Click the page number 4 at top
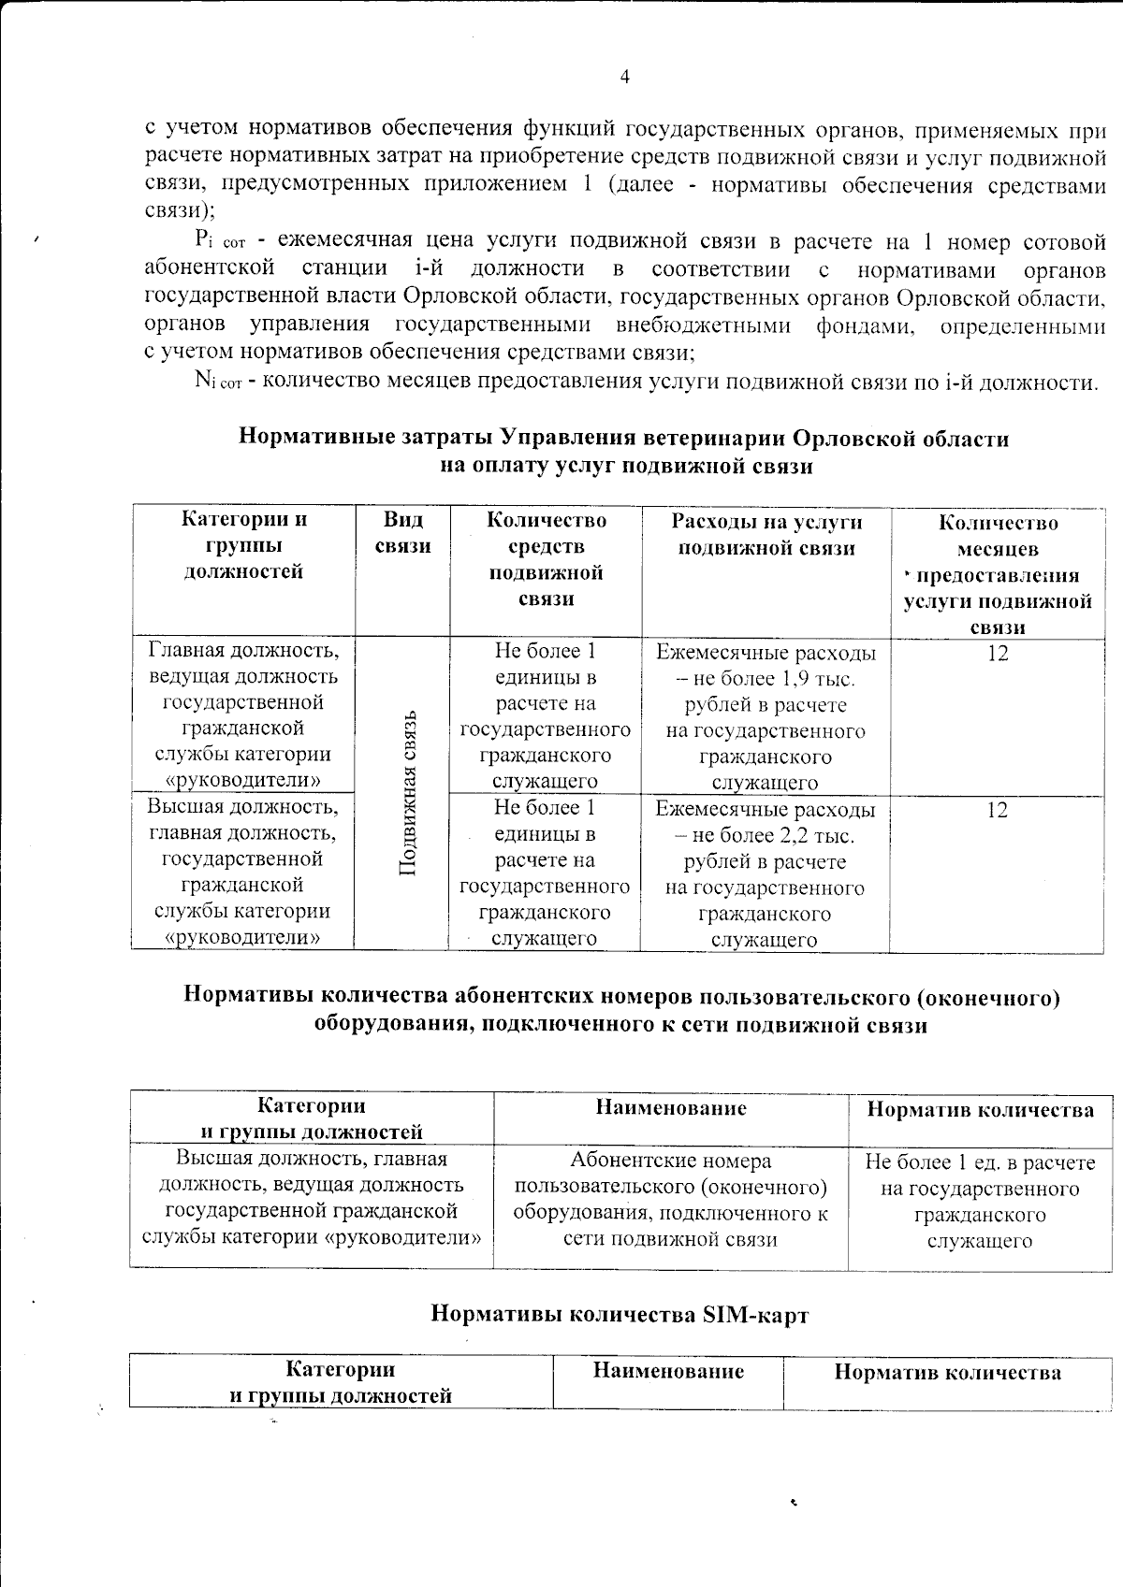click(x=624, y=77)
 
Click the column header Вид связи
click(x=402, y=533)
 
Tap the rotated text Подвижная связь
click(x=408, y=793)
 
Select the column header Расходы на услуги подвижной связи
click(x=766, y=535)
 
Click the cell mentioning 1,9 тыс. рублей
click(x=766, y=717)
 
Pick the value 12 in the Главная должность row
click(x=998, y=654)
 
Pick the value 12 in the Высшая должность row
click(x=998, y=810)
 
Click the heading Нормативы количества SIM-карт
click(x=620, y=1315)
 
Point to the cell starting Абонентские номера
click(x=670, y=1200)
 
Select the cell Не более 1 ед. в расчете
click(x=980, y=1202)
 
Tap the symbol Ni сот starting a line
click(x=218, y=381)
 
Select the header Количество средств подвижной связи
click(x=546, y=559)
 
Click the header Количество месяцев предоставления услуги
click(x=998, y=574)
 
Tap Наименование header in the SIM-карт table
click(x=668, y=1372)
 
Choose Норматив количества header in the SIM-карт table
click(x=947, y=1373)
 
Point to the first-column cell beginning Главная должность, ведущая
click(x=243, y=714)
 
